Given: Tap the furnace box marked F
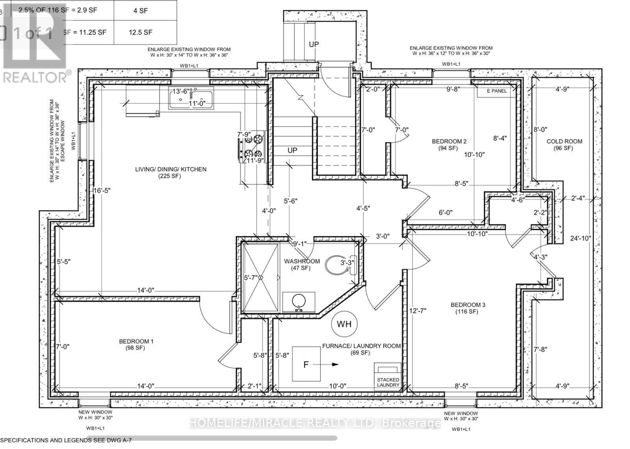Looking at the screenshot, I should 306,364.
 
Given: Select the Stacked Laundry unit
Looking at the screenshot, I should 388,377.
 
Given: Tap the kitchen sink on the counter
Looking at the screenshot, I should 191,98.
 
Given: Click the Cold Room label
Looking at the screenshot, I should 564,144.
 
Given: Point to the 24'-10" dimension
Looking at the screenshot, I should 580,238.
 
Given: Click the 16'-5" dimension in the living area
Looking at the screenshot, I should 102,190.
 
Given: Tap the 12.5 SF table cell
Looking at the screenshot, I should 140,33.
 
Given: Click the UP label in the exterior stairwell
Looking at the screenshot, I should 313,44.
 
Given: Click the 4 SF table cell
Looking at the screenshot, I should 140,11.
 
